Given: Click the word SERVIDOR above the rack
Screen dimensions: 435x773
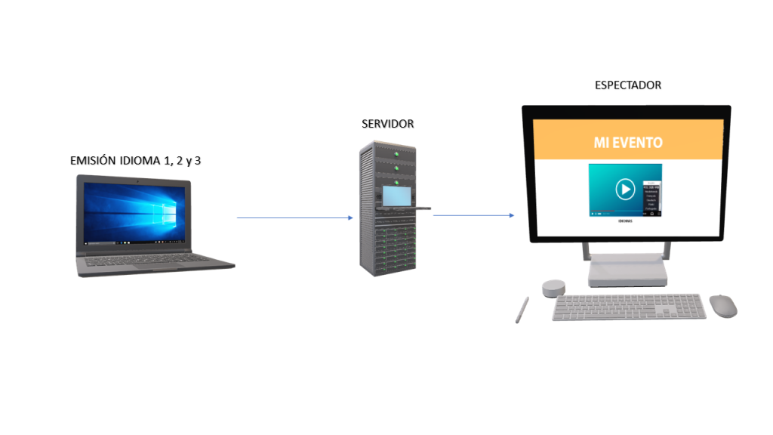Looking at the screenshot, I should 387,124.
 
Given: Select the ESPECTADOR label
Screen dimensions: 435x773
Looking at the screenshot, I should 628,85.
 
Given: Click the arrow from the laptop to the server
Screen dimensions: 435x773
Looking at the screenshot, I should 294,217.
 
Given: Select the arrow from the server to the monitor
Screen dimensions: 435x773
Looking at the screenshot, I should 474,215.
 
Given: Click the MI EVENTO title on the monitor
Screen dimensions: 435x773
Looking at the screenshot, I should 628,142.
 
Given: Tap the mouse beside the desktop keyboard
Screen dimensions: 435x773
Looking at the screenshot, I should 722,305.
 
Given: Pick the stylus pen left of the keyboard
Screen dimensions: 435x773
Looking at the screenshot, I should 522,310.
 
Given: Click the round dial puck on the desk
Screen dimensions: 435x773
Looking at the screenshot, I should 553,288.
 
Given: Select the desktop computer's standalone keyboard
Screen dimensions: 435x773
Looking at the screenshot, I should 630,307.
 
